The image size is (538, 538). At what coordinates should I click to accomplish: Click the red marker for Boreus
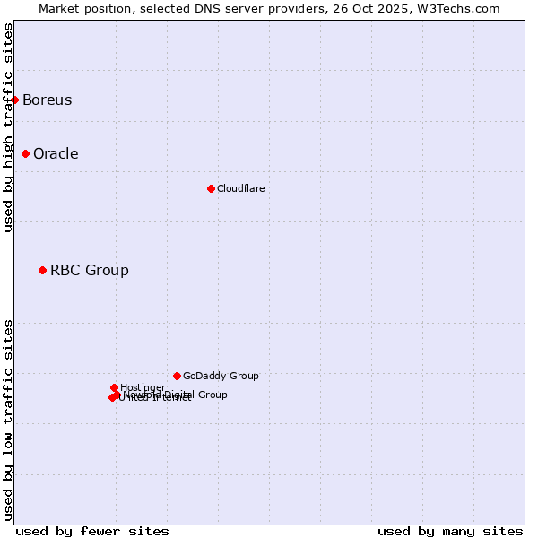(15, 100)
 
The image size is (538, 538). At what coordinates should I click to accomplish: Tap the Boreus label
(47, 100)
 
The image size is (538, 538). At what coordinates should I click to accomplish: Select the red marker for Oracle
(26, 153)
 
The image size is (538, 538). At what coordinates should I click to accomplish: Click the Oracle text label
(56, 153)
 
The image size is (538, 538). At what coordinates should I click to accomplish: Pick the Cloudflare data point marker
(211, 188)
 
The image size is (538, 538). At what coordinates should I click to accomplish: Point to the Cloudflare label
(240, 188)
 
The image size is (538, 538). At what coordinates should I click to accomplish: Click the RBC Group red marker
(42, 270)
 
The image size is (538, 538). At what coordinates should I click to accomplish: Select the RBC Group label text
(89, 270)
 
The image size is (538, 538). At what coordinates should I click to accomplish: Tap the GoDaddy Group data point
(177, 376)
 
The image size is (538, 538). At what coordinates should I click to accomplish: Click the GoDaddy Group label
(221, 376)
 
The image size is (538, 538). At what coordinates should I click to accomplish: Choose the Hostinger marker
(114, 387)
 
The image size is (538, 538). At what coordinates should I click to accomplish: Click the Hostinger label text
(143, 387)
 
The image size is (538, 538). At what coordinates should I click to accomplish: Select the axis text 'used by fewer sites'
(92, 531)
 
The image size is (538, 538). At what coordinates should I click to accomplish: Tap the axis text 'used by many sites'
(450, 531)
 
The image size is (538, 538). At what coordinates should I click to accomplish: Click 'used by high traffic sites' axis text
(8, 127)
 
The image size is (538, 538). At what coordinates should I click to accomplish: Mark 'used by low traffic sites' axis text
(8, 420)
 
